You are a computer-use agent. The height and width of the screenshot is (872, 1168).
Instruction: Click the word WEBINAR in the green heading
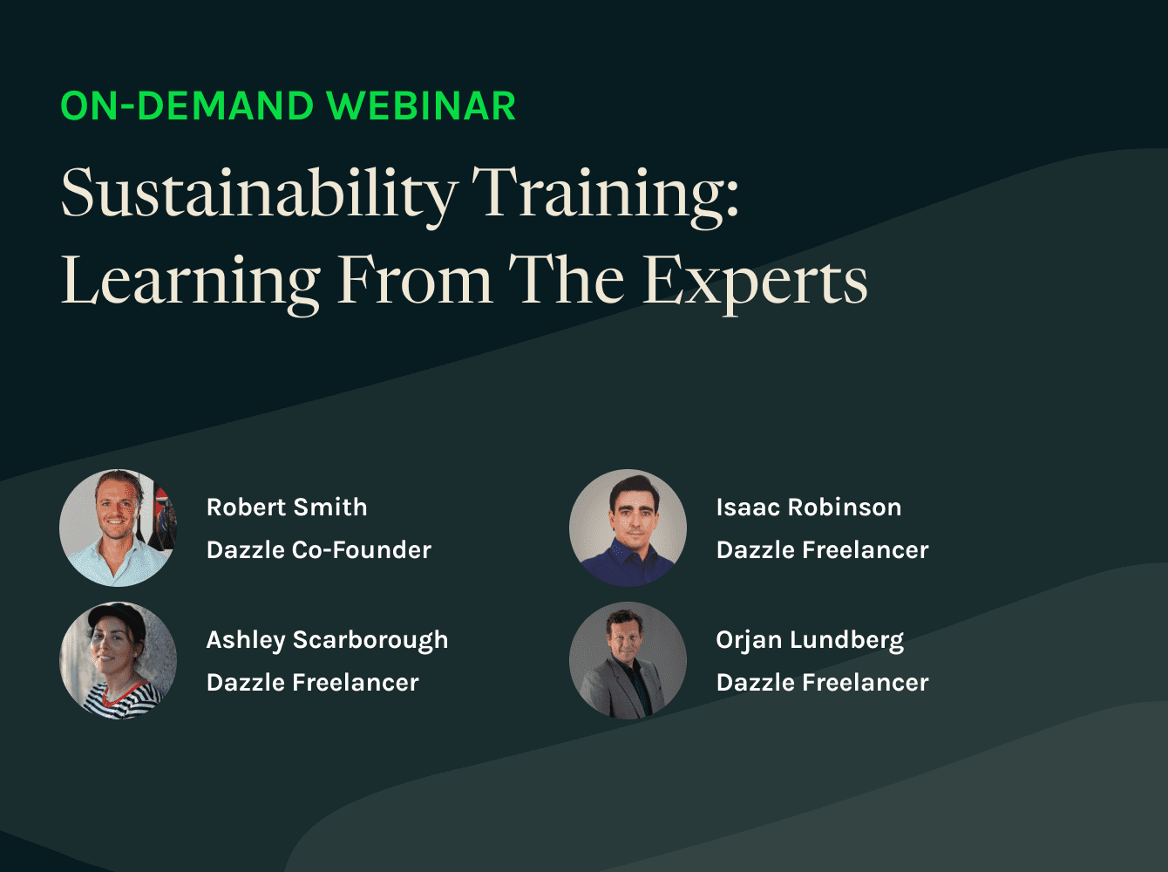point(421,106)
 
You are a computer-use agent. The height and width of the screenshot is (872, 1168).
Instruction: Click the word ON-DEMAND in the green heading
point(187,106)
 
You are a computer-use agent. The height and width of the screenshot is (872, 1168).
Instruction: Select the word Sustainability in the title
point(259,194)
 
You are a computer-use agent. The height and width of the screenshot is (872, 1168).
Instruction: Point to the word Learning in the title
point(191,281)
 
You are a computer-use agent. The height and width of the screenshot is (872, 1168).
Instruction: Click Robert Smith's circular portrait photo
point(118,528)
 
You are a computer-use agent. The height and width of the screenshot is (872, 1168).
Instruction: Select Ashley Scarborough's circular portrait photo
point(118,660)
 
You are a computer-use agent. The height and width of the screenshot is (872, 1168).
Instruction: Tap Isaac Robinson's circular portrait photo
point(628,528)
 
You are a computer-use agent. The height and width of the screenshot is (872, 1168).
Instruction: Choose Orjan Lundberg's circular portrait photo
point(628,660)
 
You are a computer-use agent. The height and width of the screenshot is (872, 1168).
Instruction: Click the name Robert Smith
point(287,507)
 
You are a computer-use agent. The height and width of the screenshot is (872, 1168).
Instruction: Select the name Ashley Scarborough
point(327,640)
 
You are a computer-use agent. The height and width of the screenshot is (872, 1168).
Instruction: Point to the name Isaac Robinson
point(808,507)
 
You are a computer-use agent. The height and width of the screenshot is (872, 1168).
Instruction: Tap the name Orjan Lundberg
point(809,640)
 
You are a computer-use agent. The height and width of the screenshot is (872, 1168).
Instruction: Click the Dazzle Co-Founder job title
point(318,549)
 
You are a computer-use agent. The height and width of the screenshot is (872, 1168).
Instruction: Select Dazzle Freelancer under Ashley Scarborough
point(312,682)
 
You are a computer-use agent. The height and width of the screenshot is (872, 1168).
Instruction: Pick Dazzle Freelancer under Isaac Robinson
point(822,549)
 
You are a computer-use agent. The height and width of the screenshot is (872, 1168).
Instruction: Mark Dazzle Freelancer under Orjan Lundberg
point(822,682)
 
